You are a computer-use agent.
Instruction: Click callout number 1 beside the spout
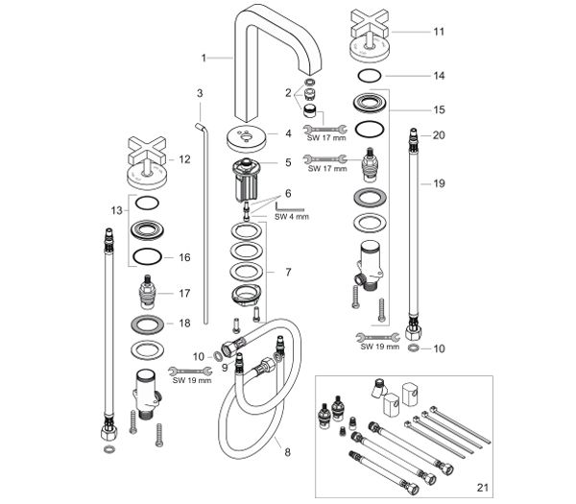coord(204,58)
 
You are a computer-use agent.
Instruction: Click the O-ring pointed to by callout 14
coord(371,75)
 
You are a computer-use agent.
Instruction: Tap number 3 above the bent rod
coord(200,93)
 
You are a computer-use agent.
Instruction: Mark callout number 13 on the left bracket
coord(117,209)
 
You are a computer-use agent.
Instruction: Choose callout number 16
coord(185,257)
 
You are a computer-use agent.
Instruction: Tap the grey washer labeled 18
coord(147,323)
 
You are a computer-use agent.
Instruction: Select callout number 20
coord(438,135)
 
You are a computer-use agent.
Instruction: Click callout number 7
coord(287,273)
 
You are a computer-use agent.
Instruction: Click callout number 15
coord(438,109)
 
